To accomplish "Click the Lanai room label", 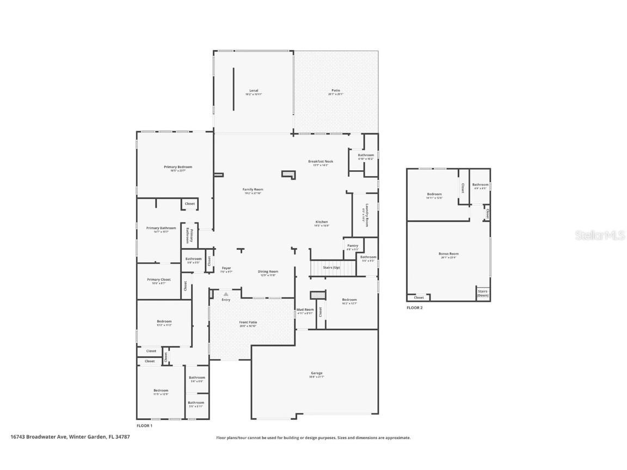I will click(x=254, y=91).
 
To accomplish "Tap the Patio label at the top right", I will click(x=336, y=91).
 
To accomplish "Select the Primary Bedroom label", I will click(x=178, y=168).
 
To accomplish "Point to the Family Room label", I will click(x=253, y=190).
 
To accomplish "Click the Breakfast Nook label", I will click(x=321, y=162).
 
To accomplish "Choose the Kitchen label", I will click(x=322, y=222).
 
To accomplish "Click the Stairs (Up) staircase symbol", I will click(x=324, y=268).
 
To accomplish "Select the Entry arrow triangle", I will click(x=226, y=294).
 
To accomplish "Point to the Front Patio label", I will click(x=248, y=323).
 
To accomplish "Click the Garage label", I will click(x=316, y=374).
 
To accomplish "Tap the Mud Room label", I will click(x=305, y=310).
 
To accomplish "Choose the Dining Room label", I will click(x=268, y=272).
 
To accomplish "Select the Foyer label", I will click(x=226, y=268).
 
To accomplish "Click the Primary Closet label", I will click(x=158, y=280).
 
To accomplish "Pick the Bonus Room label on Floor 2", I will click(x=448, y=254).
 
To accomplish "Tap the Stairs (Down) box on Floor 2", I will click(x=483, y=293).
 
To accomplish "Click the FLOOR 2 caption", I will click(x=415, y=308).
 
